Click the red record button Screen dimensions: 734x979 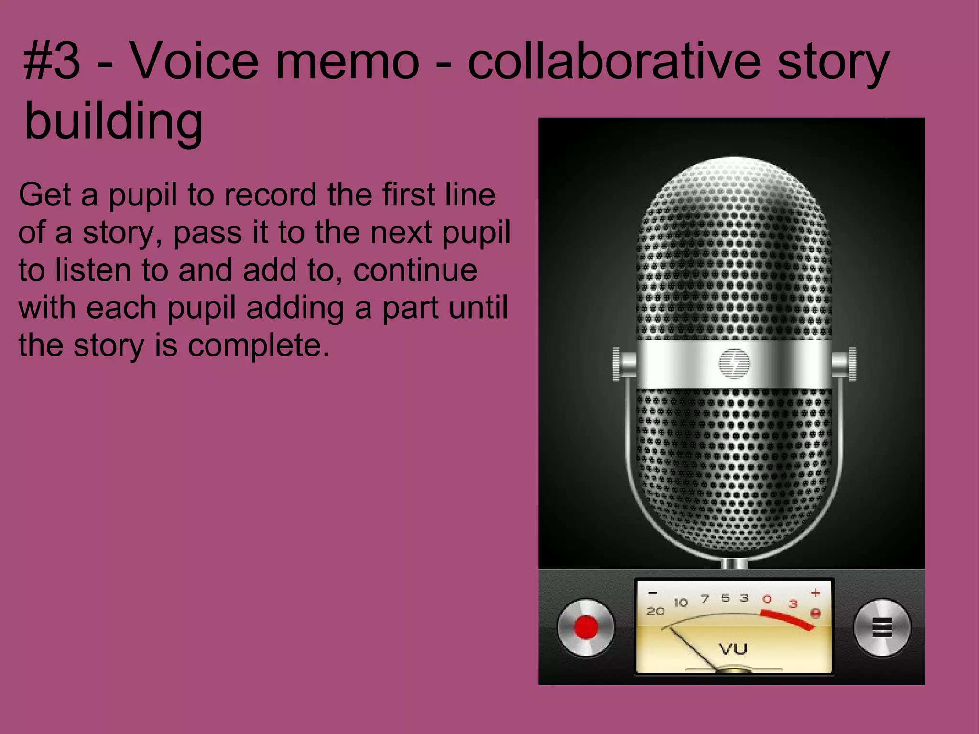pyautogui.click(x=586, y=627)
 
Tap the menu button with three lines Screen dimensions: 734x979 pyautogui.click(x=882, y=627)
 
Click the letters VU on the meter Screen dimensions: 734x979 pyautogui.click(x=733, y=649)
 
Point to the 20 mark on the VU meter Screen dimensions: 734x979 pyautogui.click(x=655, y=611)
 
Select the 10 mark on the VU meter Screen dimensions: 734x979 pyautogui.click(x=681, y=603)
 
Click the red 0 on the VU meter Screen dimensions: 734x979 pyautogui.click(x=767, y=599)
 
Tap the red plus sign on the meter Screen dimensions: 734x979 pyautogui.click(x=816, y=593)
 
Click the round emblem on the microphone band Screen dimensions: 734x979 pyautogui.click(x=734, y=363)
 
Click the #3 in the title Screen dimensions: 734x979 pyautogui.click(x=52, y=62)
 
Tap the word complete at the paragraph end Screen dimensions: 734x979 pyautogui.click(x=258, y=345)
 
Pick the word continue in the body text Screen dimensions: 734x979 pyautogui.click(x=415, y=270)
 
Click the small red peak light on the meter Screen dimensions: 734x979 pyautogui.click(x=816, y=613)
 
